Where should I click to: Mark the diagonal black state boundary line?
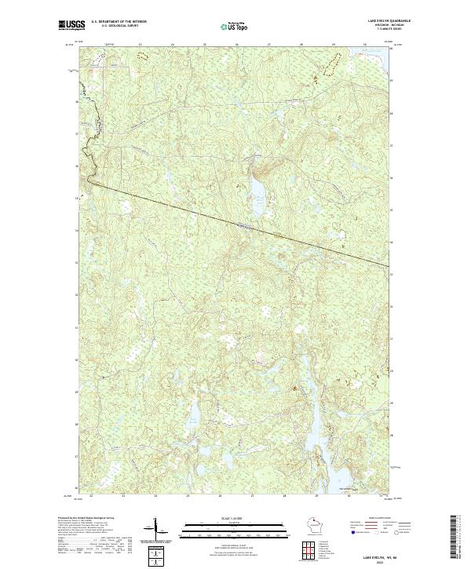point(235,224)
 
